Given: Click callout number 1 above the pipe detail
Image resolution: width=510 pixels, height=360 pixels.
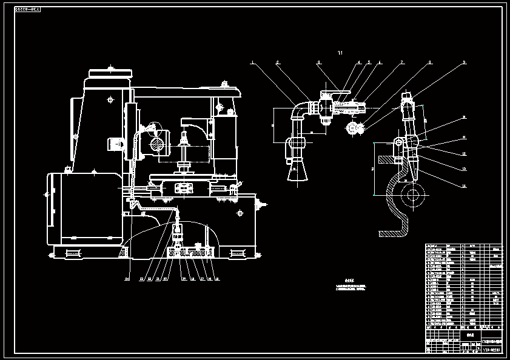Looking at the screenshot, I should click(x=252, y=62).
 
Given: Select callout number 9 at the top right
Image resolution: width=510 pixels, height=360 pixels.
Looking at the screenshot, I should click(x=464, y=62).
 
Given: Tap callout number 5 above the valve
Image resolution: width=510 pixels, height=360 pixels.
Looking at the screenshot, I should click(x=368, y=62).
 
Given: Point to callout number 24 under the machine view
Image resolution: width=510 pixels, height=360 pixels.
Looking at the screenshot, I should click(x=127, y=279).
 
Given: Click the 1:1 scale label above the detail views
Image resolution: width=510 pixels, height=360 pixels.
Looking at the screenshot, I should click(x=340, y=53).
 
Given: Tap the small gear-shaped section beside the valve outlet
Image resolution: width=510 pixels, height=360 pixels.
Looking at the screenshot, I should click(x=352, y=128).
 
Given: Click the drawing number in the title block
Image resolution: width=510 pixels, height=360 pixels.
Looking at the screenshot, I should click(x=491, y=350).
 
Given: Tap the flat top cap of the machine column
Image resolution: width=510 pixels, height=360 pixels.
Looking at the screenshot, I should click(x=110, y=73).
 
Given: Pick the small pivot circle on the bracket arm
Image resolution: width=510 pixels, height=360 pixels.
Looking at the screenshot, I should click(x=398, y=142).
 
